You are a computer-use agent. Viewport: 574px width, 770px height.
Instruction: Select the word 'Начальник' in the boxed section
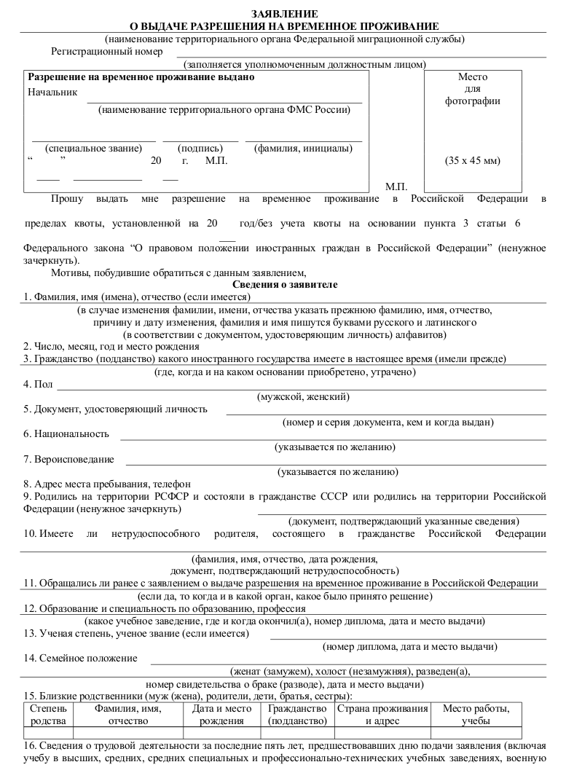[52, 92]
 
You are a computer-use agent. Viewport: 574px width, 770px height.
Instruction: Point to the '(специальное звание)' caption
[93, 148]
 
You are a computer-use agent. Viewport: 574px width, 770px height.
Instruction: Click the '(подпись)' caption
[200, 148]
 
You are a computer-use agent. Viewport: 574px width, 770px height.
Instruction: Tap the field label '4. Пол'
[38, 384]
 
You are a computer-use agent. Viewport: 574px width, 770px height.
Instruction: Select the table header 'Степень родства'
[48, 715]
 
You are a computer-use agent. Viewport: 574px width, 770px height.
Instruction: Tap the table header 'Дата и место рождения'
[222, 715]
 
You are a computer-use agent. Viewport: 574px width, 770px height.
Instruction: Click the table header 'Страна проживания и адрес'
[382, 715]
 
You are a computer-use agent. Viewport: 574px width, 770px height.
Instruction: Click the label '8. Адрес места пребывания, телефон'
[106, 484]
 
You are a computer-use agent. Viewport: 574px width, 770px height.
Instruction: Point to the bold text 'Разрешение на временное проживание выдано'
[141, 77]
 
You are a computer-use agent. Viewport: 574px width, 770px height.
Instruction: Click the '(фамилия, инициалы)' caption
[302, 148]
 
